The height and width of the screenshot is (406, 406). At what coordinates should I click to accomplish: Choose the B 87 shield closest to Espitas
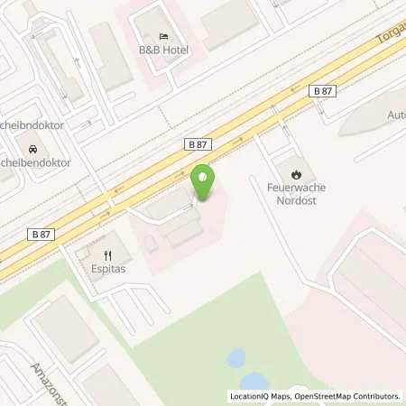click(41, 235)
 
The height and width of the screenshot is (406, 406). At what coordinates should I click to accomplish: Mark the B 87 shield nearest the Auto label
click(323, 90)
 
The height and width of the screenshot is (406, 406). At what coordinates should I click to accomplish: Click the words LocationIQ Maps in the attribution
click(261, 396)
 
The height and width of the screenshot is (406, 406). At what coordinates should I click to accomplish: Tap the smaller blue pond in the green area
click(235, 358)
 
